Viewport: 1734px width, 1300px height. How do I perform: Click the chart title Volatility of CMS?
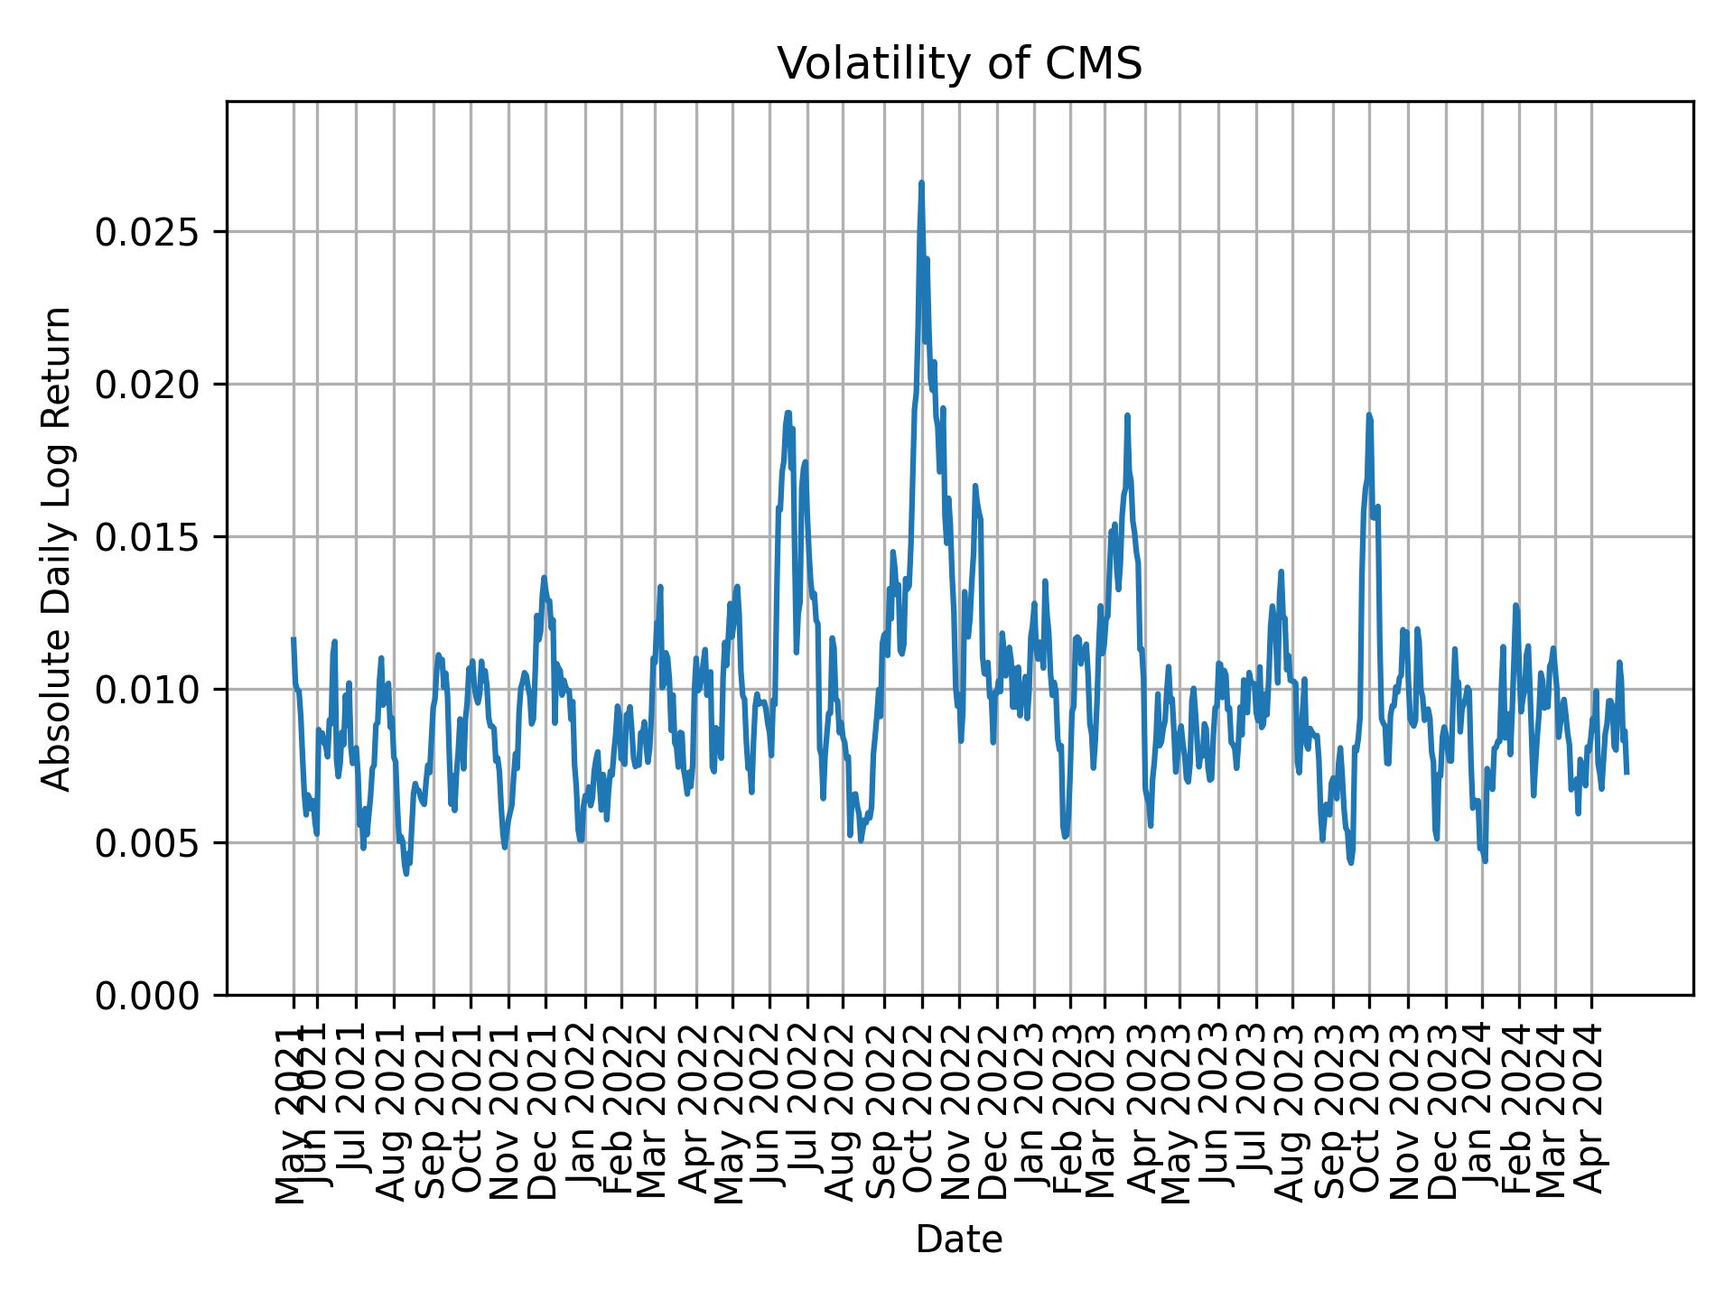click(959, 64)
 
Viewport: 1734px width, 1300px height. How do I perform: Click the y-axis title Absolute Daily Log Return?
click(58, 548)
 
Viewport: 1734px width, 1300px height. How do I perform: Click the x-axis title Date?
click(959, 1240)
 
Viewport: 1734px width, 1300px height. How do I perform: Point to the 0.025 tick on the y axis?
click(146, 232)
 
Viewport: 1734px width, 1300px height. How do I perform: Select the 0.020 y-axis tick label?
click(146, 385)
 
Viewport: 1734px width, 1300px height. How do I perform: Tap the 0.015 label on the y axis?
click(146, 537)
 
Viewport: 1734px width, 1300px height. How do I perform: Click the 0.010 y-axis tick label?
click(146, 690)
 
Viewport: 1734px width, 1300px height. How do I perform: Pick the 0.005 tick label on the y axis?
click(146, 842)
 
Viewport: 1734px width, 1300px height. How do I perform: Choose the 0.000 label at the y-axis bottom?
click(146, 995)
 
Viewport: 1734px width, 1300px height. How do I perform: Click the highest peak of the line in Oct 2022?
click(921, 183)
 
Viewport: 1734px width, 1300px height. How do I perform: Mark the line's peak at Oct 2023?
click(1369, 415)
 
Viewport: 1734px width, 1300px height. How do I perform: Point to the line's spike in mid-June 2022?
click(788, 413)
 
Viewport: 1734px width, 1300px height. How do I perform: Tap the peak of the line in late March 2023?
click(1127, 415)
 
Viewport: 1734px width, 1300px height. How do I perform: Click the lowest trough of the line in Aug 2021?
click(406, 873)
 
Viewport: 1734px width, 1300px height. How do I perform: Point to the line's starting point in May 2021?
click(294, 638)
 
